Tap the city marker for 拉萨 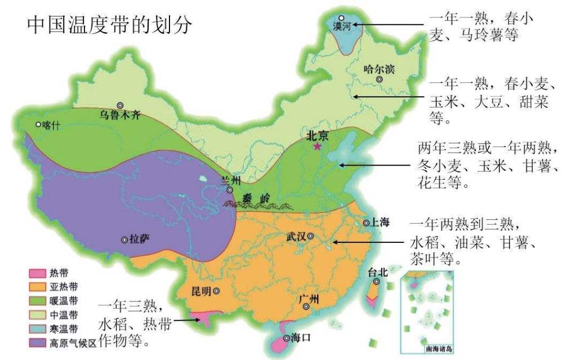click(124, 239)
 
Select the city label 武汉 click(294, 237)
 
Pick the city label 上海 click(380, 223)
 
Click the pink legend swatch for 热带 click(37, 274)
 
